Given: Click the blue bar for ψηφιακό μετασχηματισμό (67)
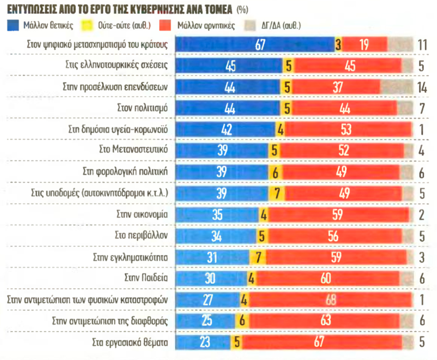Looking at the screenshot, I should (x=255, y=45).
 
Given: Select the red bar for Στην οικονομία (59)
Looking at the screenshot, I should (x=338, y=214).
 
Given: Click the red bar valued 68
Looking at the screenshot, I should (x=329, y=300).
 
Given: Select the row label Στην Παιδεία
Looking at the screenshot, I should (x=146, y=278).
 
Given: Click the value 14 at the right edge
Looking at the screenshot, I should (x=421, y=87).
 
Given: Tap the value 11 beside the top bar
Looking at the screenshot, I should (x=421, y=45).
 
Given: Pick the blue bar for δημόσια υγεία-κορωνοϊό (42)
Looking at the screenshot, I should (x=226, y=129).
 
